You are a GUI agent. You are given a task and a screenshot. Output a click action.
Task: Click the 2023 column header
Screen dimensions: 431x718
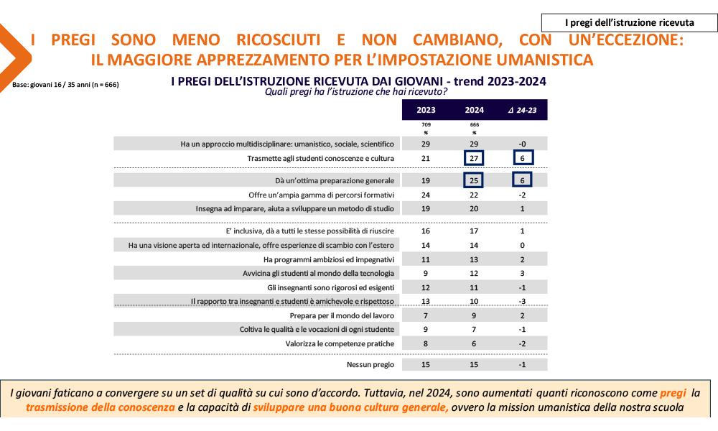click(x=425, y=110)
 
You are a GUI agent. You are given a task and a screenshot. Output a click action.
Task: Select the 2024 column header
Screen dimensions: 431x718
click(x=474, y=110)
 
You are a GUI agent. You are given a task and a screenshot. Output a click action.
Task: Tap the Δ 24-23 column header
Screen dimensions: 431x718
click(x=523, y=110)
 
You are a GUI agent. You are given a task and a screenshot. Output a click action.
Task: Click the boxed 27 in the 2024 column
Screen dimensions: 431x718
click(x=474, y=159)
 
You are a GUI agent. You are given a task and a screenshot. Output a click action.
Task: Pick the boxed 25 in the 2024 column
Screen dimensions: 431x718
click(x=474, y=180)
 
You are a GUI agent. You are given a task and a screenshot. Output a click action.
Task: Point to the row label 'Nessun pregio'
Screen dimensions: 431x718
click(x=370, y=365)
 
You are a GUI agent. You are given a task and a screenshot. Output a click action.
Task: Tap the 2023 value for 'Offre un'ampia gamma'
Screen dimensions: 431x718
click(x=425, y=195)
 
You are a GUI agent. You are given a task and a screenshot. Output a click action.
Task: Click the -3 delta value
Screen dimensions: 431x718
click(x=523, y=301)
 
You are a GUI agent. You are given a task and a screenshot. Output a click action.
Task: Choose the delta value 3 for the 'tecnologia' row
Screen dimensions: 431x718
click(x=523, y=273)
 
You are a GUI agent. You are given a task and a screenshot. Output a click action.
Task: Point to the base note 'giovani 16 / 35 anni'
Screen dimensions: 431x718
click(x=65, y=85)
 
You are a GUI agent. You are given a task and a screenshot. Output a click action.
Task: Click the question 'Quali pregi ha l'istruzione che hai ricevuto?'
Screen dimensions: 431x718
click(x=356, y=91)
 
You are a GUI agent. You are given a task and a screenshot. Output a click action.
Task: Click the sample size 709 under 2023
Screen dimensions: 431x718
click(x=425, y=125)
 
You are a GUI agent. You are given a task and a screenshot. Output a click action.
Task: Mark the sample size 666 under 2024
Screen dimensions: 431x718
click(x=474, y=125)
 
